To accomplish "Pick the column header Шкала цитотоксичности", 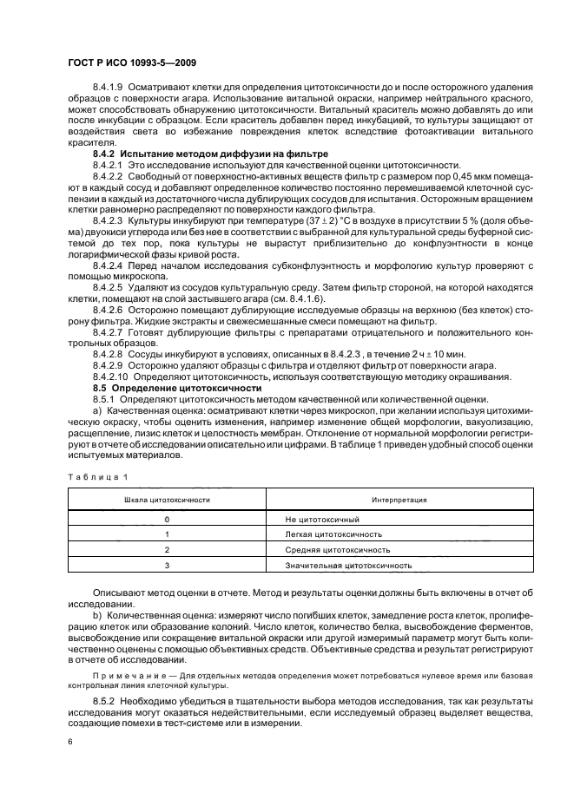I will pyautogui.click(x=167, y=501).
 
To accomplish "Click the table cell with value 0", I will pyautogui.click(x=167, y=518).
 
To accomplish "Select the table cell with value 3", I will pyautogui.click(x=167, y=565).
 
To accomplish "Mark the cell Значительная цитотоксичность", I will pyautogui.click(x=342, y=565).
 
